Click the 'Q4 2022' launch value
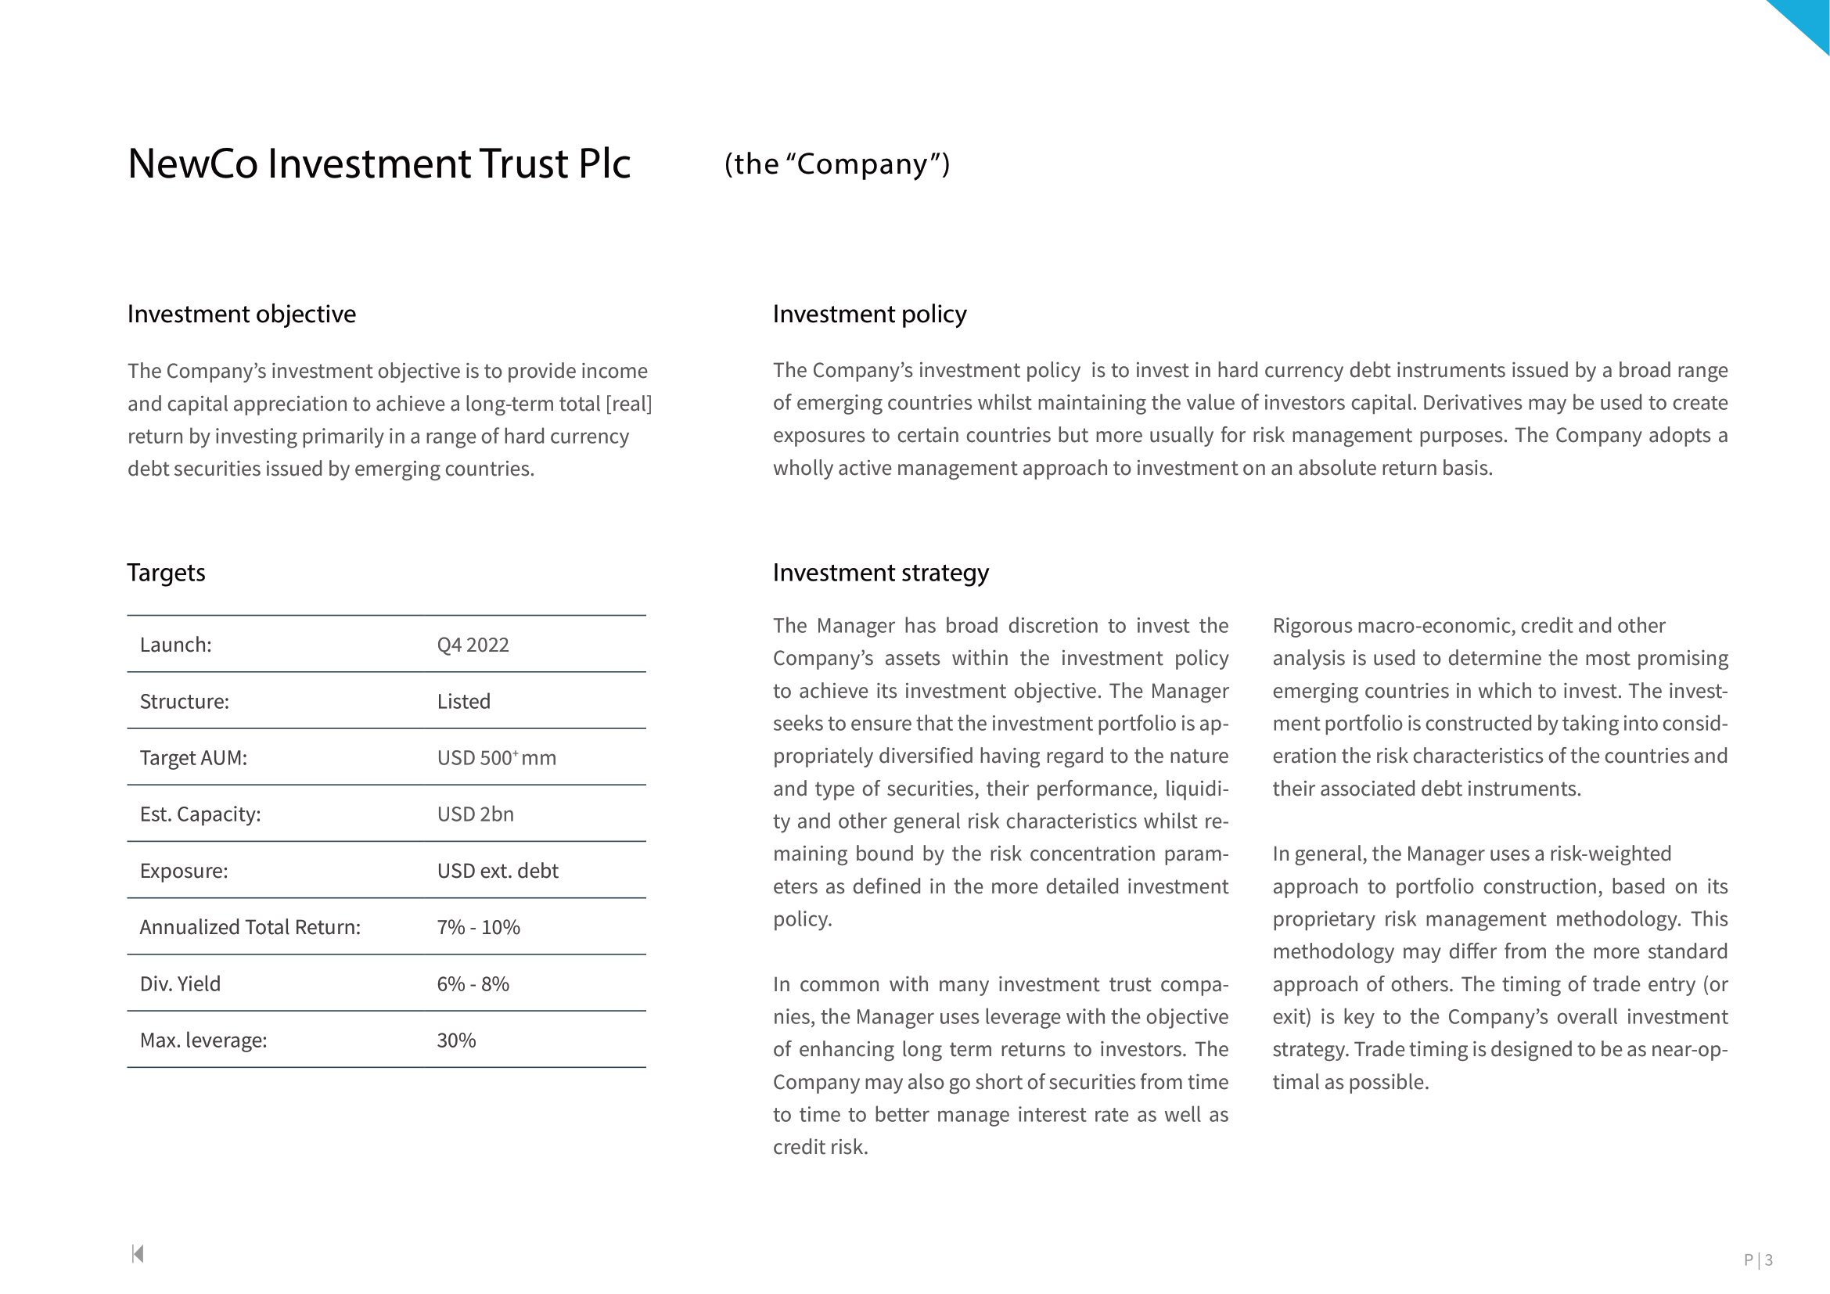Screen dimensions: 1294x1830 point(473,645)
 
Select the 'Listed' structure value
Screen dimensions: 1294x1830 point(463,701)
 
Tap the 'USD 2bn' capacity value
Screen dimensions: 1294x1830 point(475,814)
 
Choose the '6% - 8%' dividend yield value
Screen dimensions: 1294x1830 point(473,983)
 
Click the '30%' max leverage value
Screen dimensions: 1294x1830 point(456,1040)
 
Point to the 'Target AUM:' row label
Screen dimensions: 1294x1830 point(194,758)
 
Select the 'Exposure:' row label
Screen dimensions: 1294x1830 point(184,871)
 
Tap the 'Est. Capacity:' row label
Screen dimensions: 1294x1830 point(200,814)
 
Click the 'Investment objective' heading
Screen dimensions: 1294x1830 point(242,314)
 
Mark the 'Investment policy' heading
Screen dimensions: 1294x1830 point(869,314)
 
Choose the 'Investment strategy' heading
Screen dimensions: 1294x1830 point(881,572)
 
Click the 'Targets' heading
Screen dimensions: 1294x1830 point(167,572)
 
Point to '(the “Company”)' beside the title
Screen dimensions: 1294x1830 point(837,164)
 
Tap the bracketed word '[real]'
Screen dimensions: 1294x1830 point(629,404)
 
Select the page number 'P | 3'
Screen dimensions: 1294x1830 point(1758,1260)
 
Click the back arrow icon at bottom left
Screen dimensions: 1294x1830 point(138,1254)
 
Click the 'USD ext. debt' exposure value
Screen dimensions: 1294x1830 point(498,871)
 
